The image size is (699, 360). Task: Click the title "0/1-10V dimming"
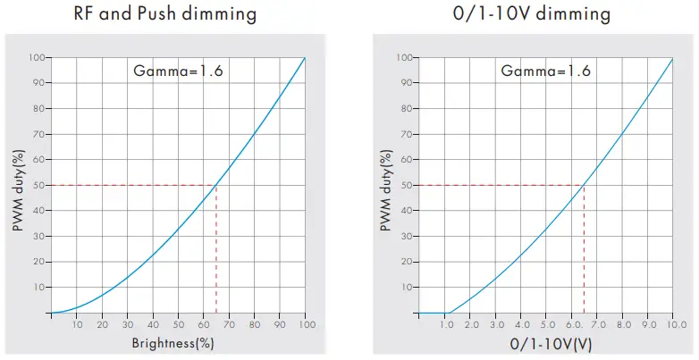click(534, 14)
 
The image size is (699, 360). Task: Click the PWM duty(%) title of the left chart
click(19, 186)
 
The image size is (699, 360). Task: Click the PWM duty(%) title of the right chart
click(385, 186)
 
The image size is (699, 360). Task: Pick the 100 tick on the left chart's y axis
click(36, 58)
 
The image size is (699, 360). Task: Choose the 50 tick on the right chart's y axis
click(404, 186)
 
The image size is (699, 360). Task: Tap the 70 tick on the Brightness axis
click(230, 324)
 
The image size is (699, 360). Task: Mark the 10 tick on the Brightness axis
click(77, 324)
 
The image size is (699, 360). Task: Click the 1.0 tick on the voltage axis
click(448, 324)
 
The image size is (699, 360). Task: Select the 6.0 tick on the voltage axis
click(572, 324)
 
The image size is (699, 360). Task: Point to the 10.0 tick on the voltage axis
click(672, 324)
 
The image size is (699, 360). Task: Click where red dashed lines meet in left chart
click(217, 186)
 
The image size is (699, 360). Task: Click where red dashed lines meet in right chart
click(584, 186)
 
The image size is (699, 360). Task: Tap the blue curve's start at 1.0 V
click(448, 313)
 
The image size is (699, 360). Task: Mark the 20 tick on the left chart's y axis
click(38, 262)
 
